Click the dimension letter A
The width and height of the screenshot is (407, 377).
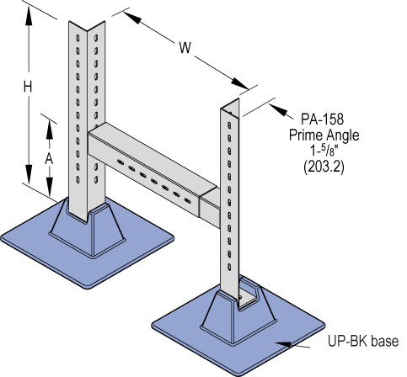tap(50, 157)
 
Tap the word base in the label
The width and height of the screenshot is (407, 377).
tap(383, 342)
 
